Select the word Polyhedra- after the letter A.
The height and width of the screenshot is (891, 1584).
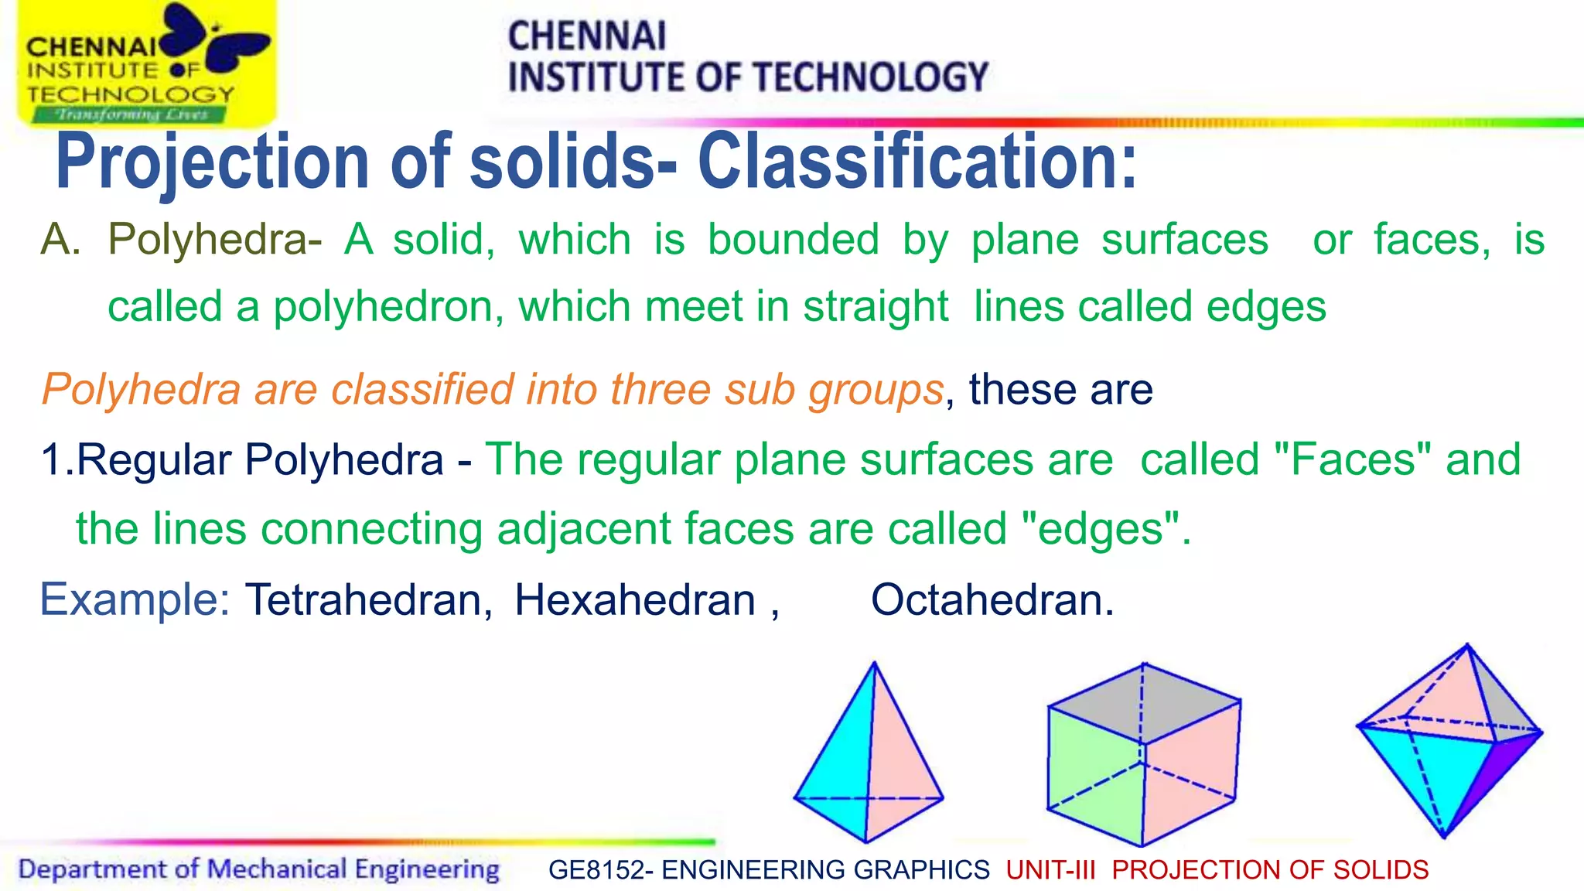pyautogui.click(x=215, y=240)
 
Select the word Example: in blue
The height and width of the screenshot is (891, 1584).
pyautogui.click(x=135, y=599)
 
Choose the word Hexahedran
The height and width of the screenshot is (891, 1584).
pyautogui.click(x=635, y=599)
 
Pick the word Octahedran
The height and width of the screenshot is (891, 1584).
pyautogui.click(x=992, y=599)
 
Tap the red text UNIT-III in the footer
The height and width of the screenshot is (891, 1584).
pyautogui.click(x=1050, y=870)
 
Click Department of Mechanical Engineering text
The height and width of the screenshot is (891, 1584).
pyautogui.click(x=259, y=869)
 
